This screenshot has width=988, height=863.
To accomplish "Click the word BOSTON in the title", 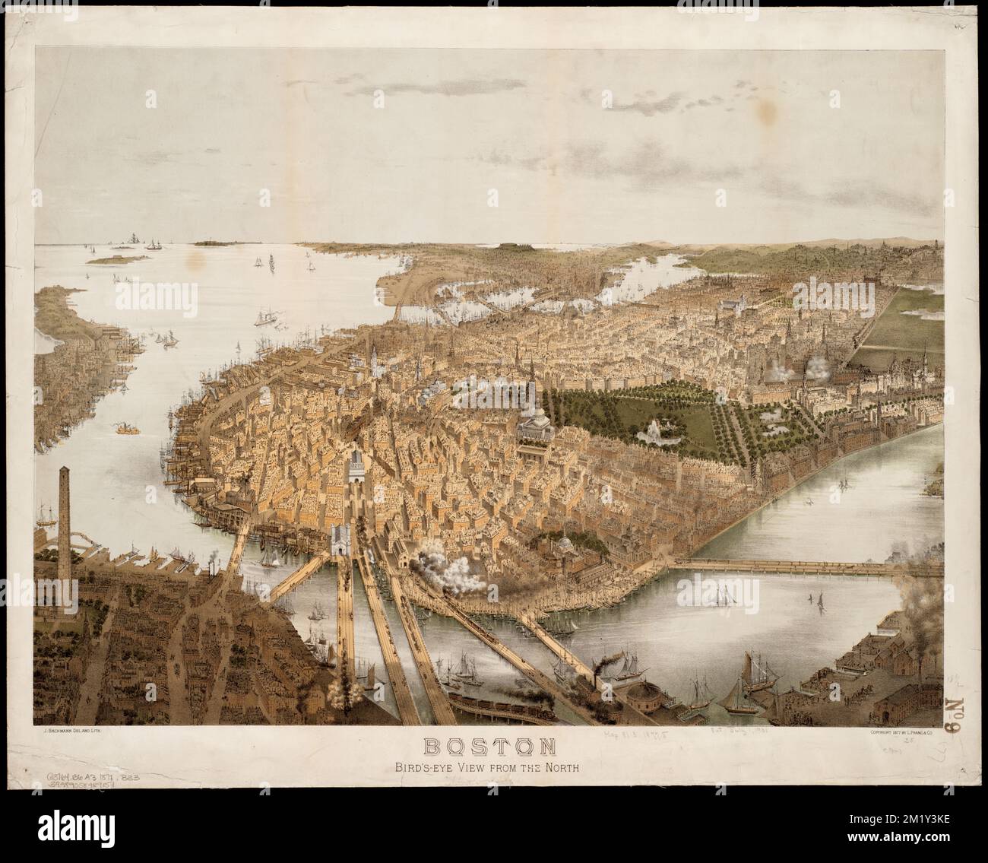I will coord(493,747).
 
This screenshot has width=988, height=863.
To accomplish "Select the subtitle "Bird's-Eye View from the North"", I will coord(493,767).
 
